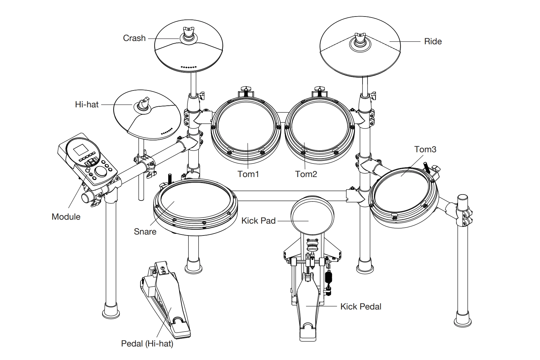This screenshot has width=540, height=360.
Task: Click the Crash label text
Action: point(134,38)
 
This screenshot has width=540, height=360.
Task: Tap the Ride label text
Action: point(433,42)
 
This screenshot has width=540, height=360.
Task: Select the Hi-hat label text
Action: point(87,105)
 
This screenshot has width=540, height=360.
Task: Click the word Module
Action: point(66,217)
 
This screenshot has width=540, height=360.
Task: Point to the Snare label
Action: point(145,232)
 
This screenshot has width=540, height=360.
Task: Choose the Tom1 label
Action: point(248,174)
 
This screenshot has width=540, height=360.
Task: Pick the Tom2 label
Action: point(306,174)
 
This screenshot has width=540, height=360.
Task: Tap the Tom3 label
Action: point(425,149)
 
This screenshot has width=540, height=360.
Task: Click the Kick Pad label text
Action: point(258,221)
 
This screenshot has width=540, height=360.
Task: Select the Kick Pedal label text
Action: point(361,306)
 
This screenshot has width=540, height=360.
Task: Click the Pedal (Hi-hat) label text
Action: point(147,343)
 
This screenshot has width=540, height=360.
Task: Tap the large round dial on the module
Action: point(101,172)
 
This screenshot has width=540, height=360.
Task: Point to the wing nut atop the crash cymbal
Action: point(188,32)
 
